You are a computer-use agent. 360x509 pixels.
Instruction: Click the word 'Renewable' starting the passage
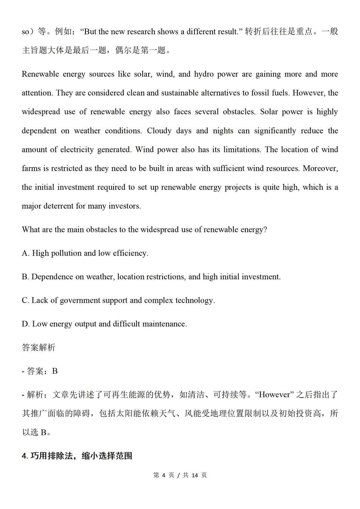tap(40, 74)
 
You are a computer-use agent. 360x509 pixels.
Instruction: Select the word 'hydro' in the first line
tap(204, 74)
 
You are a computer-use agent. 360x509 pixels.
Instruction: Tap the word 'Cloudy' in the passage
tap(159, 131)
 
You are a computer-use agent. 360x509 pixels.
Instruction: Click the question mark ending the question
tap(265, 230)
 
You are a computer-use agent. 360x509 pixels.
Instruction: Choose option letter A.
tap(25, 253)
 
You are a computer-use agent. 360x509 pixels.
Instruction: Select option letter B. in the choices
tap(25, 277)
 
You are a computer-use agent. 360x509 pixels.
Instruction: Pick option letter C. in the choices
tap(25, 300)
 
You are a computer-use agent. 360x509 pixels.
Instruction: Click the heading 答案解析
tap(39, 348)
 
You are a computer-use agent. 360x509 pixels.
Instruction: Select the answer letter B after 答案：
tap(55, 371)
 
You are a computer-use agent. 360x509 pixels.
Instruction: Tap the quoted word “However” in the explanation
tap(275, 395)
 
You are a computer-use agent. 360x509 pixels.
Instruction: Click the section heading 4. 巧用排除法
tap(77, 456)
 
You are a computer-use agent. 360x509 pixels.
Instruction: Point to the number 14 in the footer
tap(195, 475)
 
